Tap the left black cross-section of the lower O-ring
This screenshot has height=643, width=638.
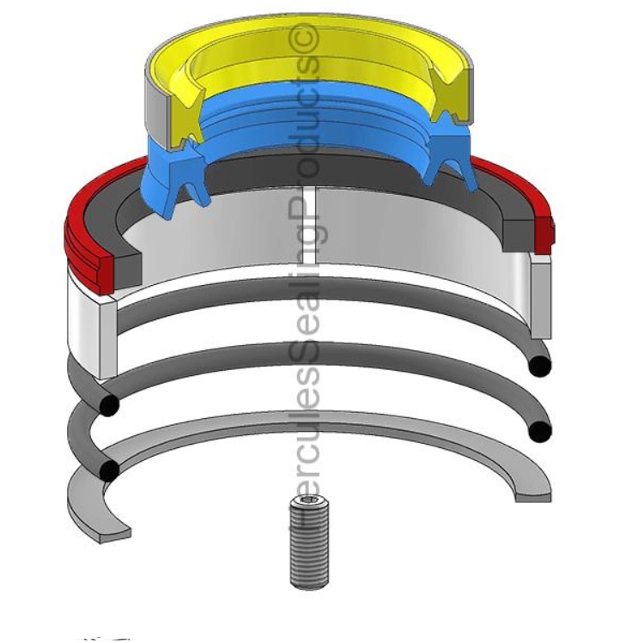109,470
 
